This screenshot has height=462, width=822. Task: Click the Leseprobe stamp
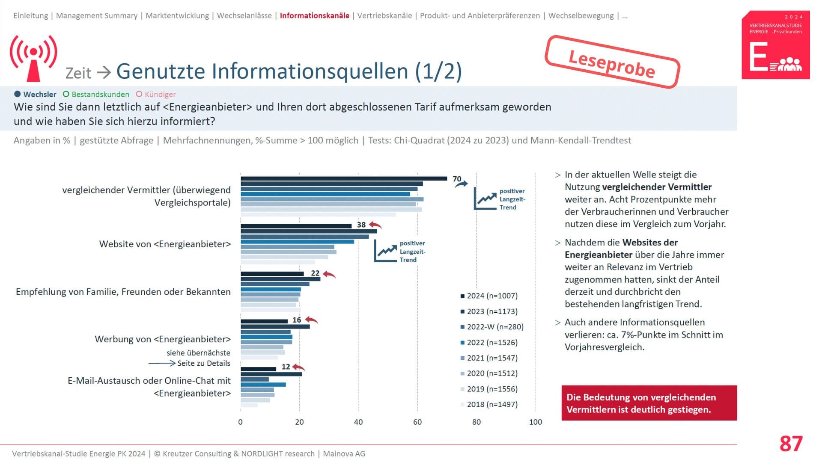[x=612, y=62]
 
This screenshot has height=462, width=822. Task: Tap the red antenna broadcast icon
[x=33, y=57]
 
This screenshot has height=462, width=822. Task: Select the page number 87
[x=791, y=444]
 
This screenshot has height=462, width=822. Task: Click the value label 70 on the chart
[x=457, y=179]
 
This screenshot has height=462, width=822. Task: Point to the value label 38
[x=361, y=225]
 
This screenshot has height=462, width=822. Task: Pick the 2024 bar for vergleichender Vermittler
[x=343, y=178]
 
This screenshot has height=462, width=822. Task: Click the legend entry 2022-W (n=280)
[x=494, y=327]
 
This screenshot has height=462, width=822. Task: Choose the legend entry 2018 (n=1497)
[x=491, y=404]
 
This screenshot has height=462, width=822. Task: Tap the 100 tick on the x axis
[x=535, y=422]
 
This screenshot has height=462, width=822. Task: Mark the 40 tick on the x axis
[x=358, y=422]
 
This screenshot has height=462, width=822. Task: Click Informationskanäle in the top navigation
[x=314, y=16]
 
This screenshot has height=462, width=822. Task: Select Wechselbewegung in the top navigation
[x=581, y=16]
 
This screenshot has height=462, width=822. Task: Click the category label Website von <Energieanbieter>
[x=165, y=244]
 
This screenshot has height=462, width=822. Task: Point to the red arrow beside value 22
[x=329, y=274]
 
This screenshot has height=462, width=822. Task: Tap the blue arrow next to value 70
[x=461, y=184]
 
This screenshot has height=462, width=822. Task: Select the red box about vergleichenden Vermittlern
[x=649, y=403]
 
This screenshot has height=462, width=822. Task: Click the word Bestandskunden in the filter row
[x=100, y=95]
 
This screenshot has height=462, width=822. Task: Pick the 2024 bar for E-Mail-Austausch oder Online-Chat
[x=258, y=369]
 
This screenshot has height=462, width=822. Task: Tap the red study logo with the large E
[x=775, y=45]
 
